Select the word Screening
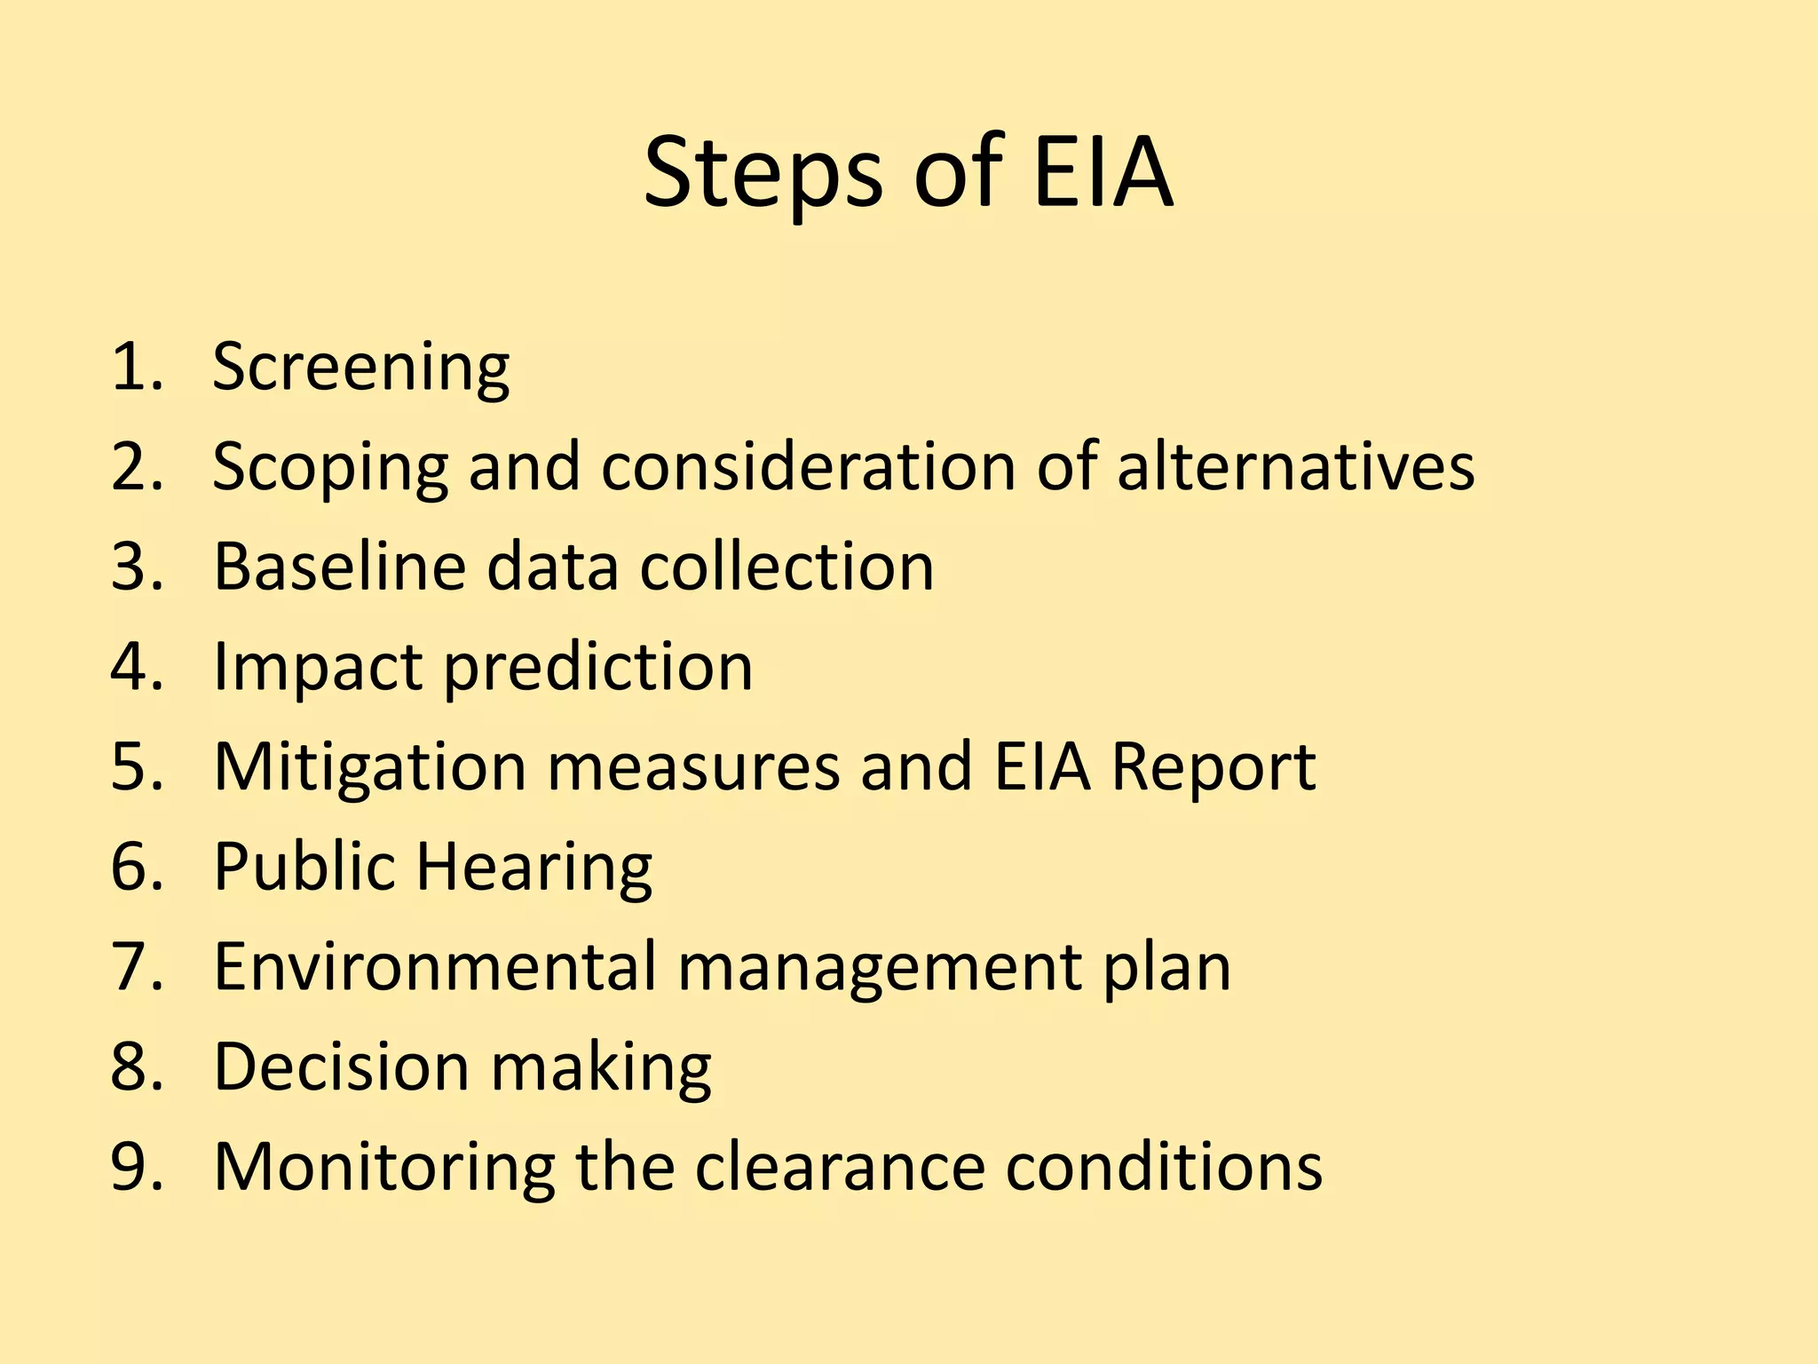click(x=360, y=368)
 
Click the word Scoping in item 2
click(x=330, y=468)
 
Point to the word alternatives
click(x=1295, y=466)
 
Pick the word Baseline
click(x=339, y=567)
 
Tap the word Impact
click(x=317, y=668)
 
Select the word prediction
click(x=597, y=668)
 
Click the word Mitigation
click(x=370, y=766)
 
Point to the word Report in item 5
click(x=1213, y=766)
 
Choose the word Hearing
click(x=534, y=868)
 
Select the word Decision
click(x=341, y=1067)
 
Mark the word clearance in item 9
click(x=840, y=1166)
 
